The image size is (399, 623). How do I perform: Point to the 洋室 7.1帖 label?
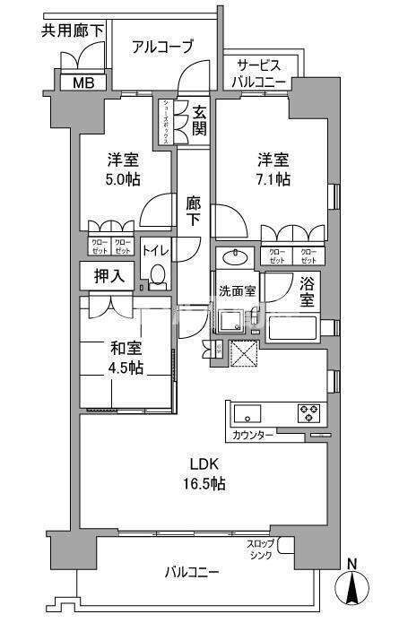coord(270,169)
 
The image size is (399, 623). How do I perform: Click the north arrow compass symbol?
coord(351,586)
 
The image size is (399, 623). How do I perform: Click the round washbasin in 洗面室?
coord(237,256)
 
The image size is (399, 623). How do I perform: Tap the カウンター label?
coord(253,434)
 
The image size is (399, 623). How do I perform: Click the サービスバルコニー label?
coord(262,74)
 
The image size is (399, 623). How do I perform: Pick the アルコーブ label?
coord(162,48)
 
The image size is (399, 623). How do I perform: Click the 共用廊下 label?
coord(73,31)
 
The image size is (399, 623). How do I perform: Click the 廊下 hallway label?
coord(193,212)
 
